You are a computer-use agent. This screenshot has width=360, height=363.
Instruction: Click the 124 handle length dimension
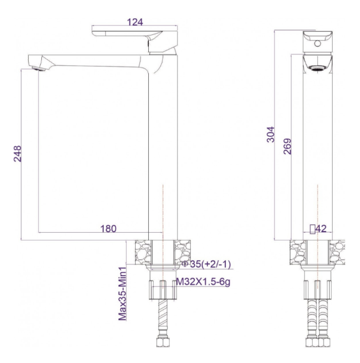pos(135,22)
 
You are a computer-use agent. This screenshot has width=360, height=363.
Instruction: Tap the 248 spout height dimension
pos(18,153)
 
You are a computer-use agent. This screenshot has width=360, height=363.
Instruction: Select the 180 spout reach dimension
pos(108,229)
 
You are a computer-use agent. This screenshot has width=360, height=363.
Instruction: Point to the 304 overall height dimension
pos(271,134)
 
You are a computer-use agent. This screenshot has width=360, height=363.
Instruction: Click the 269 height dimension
pos(287,146)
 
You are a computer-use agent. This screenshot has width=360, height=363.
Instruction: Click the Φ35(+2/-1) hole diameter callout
pos(207,264)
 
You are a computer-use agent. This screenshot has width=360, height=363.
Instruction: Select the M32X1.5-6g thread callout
pos(203,282)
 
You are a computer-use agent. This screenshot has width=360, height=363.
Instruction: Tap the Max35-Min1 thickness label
pos(123,293)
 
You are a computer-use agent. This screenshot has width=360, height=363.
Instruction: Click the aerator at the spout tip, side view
pos(38,69)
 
